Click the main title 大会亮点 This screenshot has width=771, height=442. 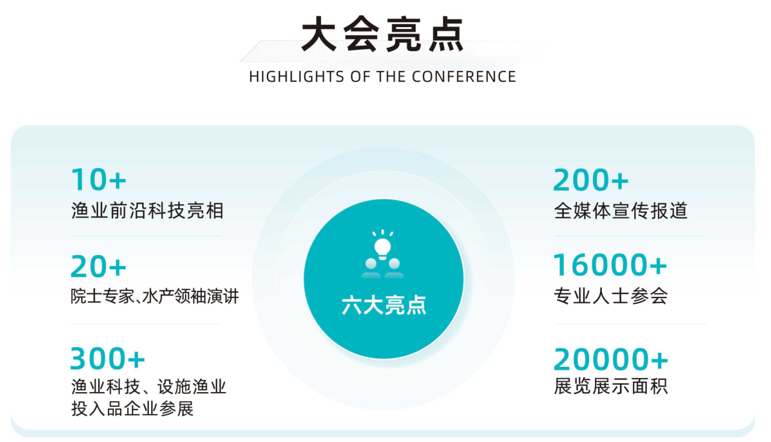pos(382,34)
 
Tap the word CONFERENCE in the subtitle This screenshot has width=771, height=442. pos(464,77)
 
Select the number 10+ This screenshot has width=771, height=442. pos(99,179)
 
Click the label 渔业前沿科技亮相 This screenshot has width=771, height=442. pos(147,211)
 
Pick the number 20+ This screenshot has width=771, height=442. pos(99,267)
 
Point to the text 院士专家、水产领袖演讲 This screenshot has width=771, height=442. pos(155,296)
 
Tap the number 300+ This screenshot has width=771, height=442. pos(108,359)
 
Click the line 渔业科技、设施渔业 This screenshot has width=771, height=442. pos(148,386)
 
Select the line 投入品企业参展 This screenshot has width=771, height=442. pos(133,409)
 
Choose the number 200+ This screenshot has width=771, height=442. pos(591,180)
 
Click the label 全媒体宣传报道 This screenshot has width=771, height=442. pos(620,211)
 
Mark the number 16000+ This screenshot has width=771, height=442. pos(610,266)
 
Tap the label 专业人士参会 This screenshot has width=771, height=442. pos(611,296)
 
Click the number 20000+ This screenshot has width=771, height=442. pos(611,360)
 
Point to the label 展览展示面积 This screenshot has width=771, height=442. pos(611,386)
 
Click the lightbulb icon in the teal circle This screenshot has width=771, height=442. pos(383,247)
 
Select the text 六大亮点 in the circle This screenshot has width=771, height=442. pos(384,305)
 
